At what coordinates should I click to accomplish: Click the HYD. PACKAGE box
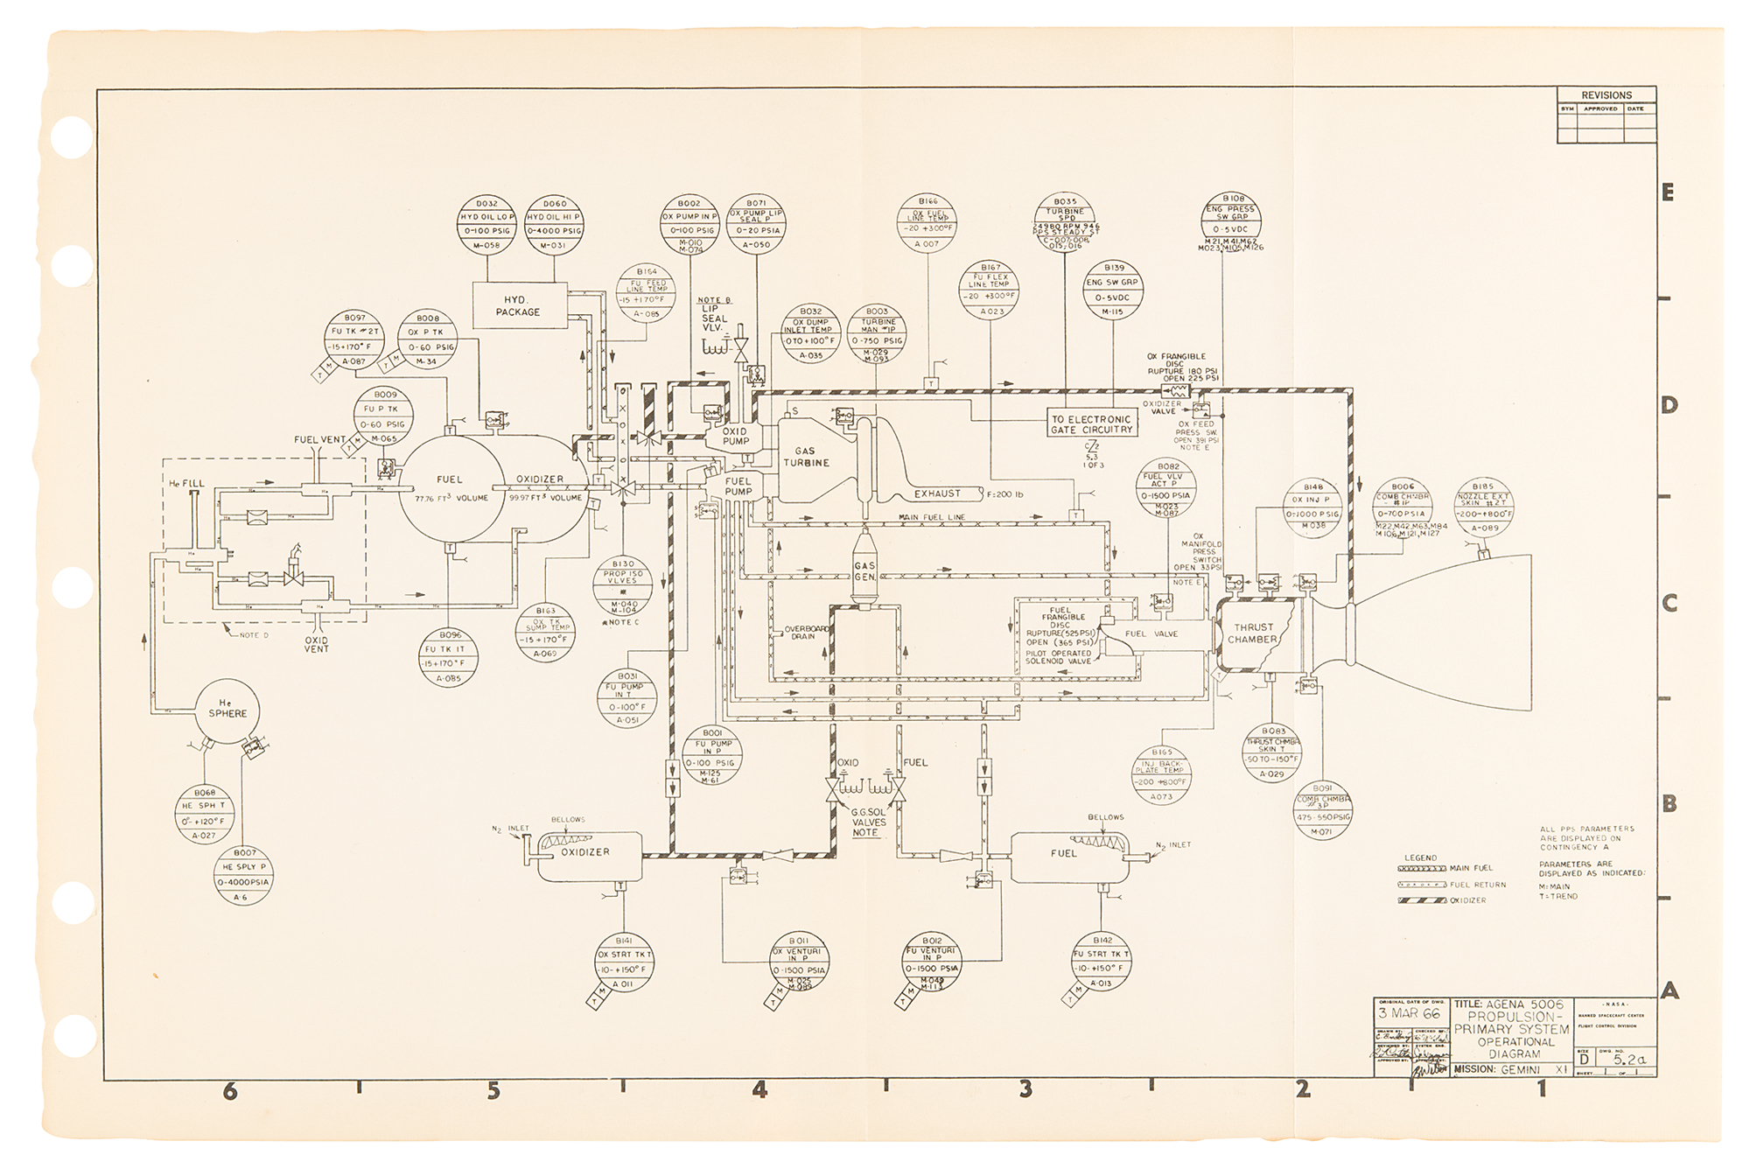518,306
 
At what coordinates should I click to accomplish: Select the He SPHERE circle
227,710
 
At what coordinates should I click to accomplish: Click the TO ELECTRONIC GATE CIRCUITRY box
1091,424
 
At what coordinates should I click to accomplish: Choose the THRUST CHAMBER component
1254,633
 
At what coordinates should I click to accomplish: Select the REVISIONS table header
1606,94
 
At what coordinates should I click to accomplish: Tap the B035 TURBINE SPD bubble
1065,223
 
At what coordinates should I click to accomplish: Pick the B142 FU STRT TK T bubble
1102,961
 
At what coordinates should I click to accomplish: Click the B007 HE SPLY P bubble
244,874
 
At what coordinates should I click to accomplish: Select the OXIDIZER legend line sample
1421,899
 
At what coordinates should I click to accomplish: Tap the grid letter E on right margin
1668,192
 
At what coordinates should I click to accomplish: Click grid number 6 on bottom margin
230,1091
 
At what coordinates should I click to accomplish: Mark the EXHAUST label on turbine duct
937,493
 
